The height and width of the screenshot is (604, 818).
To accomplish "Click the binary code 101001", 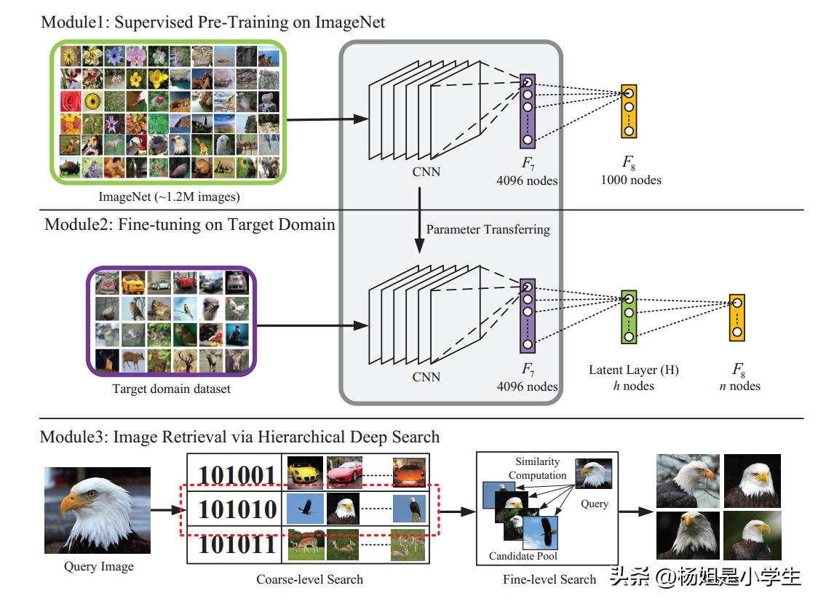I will [x=237, y=474].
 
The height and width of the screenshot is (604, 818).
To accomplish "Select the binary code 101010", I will [x=237, y=509].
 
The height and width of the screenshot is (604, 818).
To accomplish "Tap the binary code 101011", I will [x=237, y=544].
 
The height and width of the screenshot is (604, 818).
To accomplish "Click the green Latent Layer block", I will [x=629, y=317].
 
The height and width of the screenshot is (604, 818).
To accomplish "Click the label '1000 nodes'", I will [x=631, y=180].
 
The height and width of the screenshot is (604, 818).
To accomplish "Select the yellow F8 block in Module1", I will [x=629, y=111].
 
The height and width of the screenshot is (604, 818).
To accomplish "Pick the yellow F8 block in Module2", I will [x=737, y=317].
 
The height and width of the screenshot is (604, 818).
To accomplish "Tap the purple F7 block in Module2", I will [x=528, y=315].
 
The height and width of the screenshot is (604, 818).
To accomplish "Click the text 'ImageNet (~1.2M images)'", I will [x=170, y=196].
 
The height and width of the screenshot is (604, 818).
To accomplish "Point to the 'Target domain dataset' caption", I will [x=171, y=389].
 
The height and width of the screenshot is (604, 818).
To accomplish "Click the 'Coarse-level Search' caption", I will [x=309, y=579].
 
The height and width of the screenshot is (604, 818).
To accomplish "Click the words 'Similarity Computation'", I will [x=537, y=468].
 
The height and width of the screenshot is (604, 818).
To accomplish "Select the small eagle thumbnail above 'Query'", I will [x=593, y=473].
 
